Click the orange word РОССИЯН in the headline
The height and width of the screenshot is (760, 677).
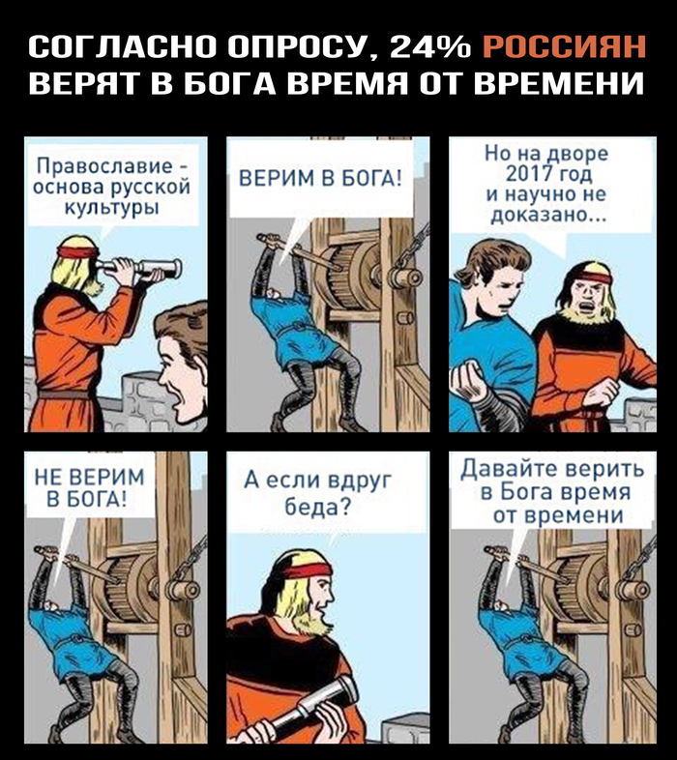click(x=564, y=46)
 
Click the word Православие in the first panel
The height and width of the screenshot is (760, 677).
click(x=105, y=166)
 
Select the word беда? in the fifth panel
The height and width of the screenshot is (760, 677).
click(x=317, y=507)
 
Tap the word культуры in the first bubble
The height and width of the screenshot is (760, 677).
click(x=112, y=208)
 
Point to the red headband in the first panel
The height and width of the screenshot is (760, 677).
click(x=77, y=252)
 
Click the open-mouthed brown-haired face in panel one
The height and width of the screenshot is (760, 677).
click(x=179, y=373)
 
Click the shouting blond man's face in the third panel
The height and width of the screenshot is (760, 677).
click(x=587, y=294)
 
